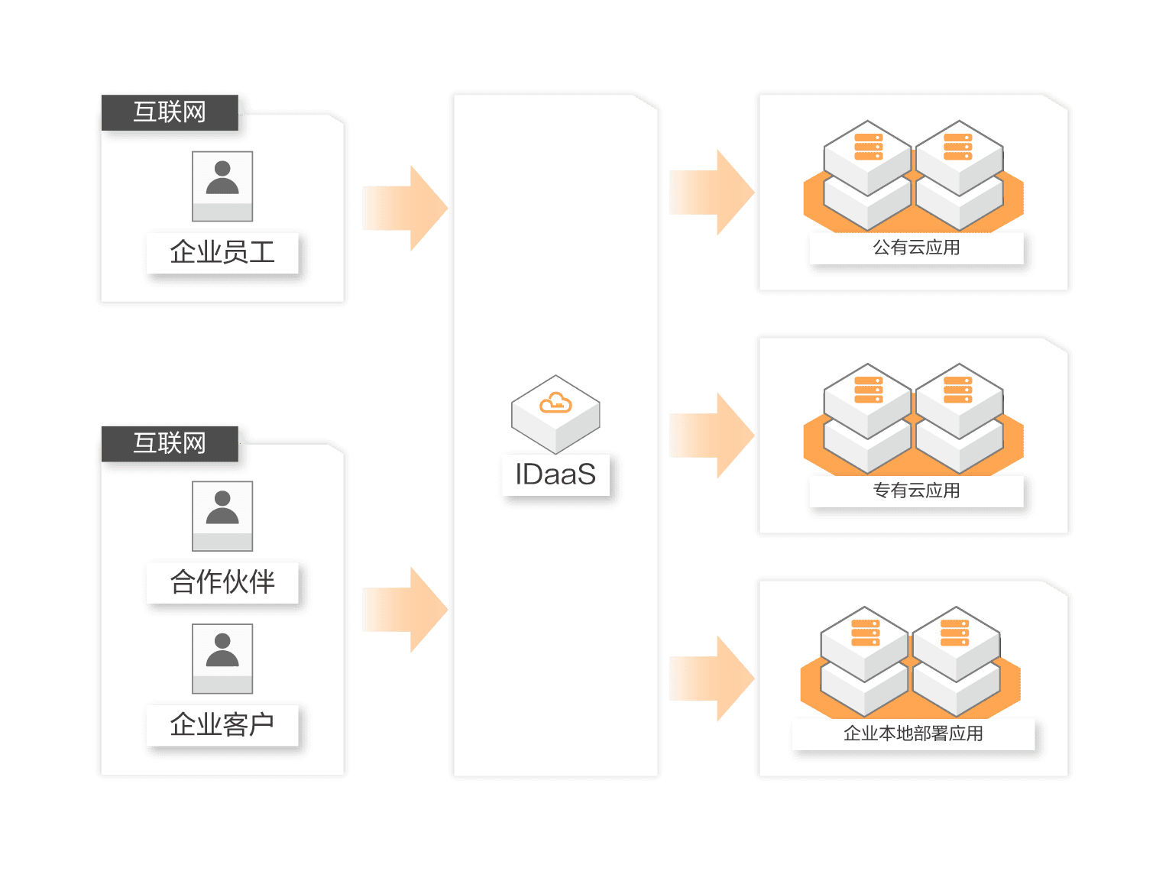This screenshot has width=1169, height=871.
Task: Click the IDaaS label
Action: [x=555, y=474]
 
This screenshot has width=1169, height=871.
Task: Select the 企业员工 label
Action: [x=222, y=252]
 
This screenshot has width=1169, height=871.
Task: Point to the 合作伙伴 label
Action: [x=222, y=582]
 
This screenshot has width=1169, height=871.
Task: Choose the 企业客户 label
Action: [x=222, y=724]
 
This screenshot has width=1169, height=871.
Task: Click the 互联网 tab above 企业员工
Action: [x=170, y=112]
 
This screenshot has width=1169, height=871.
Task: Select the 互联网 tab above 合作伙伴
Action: [x=170, y=443]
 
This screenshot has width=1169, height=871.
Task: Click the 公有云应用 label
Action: [x=916, y=248]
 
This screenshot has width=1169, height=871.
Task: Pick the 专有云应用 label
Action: [x=916, y=491]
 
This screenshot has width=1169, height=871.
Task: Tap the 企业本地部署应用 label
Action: [x=913, y=733]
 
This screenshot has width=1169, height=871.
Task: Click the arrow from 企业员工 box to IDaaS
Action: [x=404, y=208]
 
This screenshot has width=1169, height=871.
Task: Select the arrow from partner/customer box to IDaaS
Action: [x=404, y=610]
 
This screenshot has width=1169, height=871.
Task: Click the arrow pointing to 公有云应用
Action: [x=711, y=193]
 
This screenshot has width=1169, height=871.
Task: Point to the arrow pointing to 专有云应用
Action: [x=711, y=435]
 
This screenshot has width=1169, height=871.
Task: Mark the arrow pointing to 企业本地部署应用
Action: [x=711, y=678]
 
